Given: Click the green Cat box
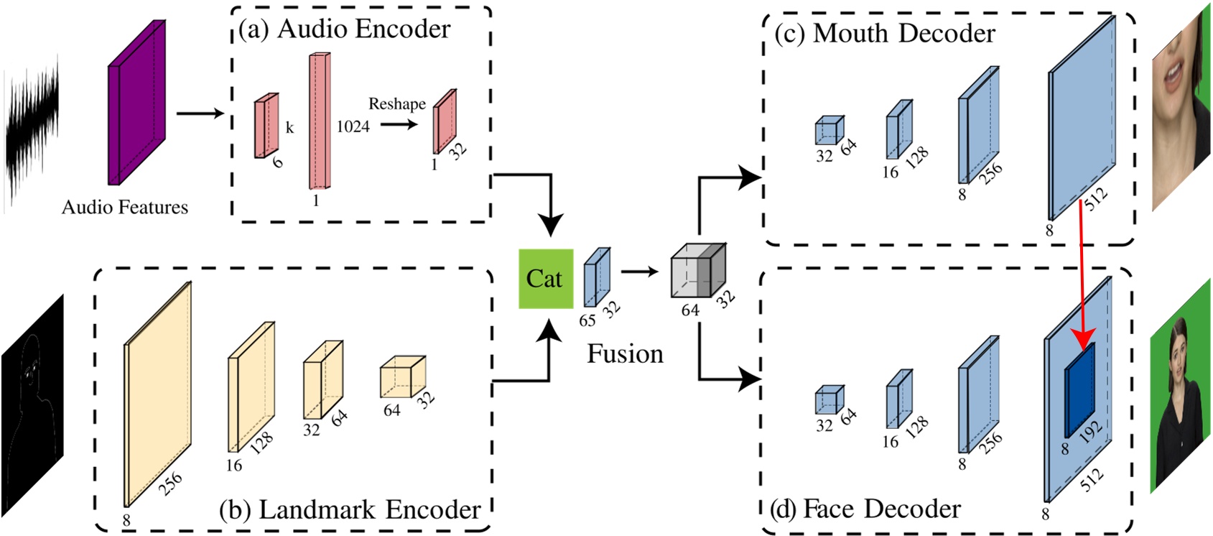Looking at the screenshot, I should click(546, 279).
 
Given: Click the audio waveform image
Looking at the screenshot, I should click(32, 133).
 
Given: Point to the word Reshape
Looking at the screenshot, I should click(396, 104).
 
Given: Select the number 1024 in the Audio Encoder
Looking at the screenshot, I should click(353, 127).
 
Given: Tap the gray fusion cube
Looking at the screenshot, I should click(697, 273).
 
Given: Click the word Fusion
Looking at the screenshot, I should click(625, 354).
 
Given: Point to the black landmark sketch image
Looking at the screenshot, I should click(32, 406).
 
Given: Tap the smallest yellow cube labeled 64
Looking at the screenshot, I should click(402, 378).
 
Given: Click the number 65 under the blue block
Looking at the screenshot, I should click(587, 320).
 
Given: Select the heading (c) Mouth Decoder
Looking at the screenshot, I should click(885, 34).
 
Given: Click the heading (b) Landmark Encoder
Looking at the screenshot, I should click(350, 510).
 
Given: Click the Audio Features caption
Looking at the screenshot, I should click(125, 208).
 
